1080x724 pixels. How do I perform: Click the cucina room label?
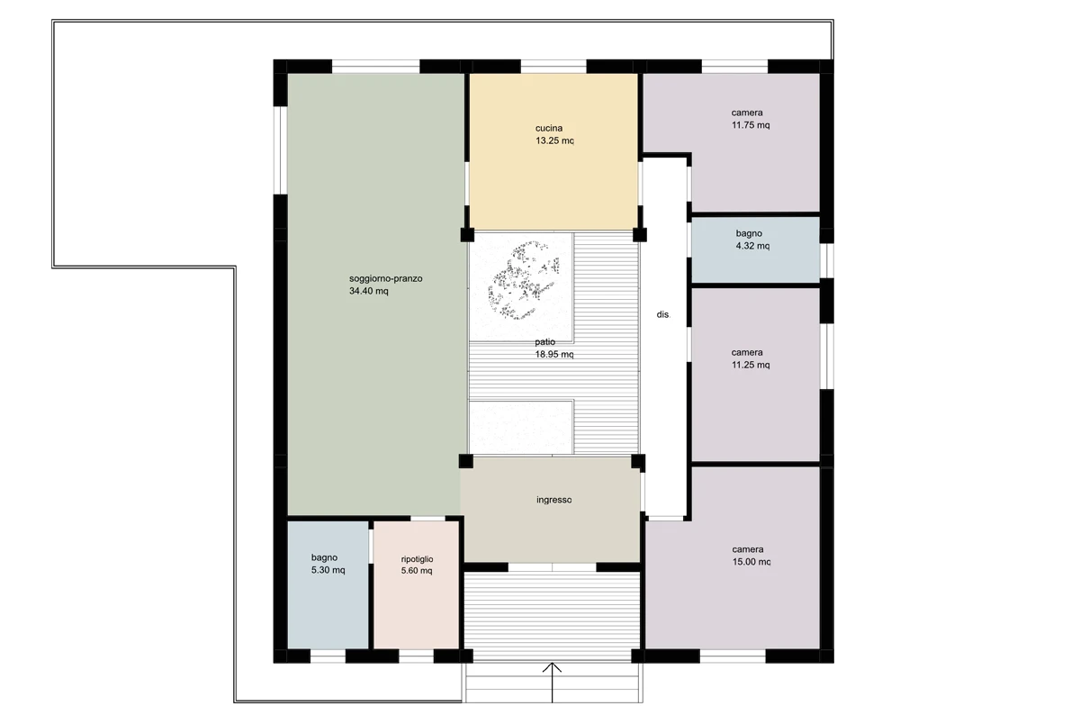tap(549, 128)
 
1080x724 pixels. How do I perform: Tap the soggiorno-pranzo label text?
tap(386, 279)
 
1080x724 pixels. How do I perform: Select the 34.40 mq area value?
tap(369, 292)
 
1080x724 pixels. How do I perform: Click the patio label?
tap(544, 342)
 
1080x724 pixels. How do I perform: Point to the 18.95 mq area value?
tap(554, 355)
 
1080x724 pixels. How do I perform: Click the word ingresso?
tap(554, 500)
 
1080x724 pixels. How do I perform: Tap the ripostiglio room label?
tap(417, 559)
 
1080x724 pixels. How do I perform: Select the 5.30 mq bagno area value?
tap(328, 570)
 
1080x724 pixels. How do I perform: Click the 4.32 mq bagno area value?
tap(752, 246)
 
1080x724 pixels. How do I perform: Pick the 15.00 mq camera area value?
tap(751, 562)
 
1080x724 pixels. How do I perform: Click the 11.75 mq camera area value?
tap(751, 125)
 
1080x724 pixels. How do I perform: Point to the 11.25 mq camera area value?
tap(751, 365)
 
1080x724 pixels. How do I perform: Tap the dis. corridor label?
tap(663, 314)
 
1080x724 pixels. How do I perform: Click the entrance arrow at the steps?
tap(552, 682)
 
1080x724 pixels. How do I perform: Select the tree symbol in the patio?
tap(524, 280)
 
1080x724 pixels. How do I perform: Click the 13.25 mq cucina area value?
tap(554, 140)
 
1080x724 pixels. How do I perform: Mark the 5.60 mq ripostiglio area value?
tap(417, 571)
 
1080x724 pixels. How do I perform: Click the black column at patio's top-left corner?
tap(467, 235)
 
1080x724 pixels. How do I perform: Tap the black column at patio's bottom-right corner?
tap(638, 461)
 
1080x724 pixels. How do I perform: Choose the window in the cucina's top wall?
tap(553, 67)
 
